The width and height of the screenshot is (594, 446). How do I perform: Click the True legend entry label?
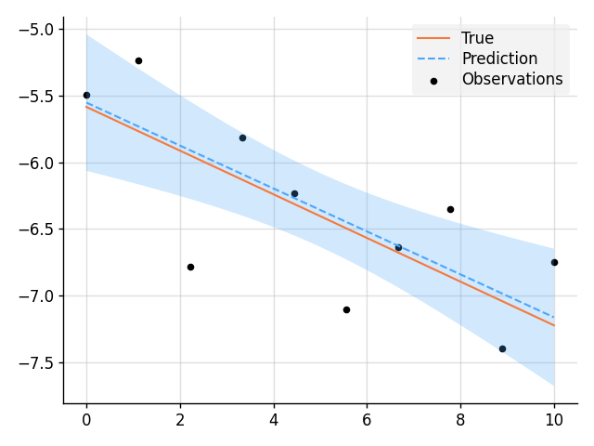tap(477, 38)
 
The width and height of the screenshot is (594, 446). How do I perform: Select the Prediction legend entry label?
tap(499, 59)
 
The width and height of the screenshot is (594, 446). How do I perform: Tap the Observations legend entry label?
tap(512, 79)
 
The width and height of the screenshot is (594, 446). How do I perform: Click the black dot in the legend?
tap(433, 80)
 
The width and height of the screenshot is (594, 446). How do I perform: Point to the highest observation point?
tap(138, 60)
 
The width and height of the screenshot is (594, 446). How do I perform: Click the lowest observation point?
tap(502, 348)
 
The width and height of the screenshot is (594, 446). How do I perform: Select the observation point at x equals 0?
tap(86, 95)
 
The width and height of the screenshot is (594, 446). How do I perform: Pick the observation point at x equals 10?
tap(554, 262)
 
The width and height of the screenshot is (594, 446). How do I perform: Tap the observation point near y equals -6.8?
tap(190, 267)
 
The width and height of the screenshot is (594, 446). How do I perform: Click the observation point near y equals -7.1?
tap(346, 309)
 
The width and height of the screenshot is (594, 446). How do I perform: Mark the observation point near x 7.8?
tap(450, 209)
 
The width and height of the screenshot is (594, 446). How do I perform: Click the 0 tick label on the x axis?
tap(86, 419)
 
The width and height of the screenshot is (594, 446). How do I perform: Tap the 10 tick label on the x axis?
tap(554, 419)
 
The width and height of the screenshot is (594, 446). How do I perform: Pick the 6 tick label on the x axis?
tap(367, 419)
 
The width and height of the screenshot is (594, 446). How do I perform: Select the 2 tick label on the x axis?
tap(180, 419)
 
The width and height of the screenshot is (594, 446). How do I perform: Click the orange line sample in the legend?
tap(433, 38)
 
